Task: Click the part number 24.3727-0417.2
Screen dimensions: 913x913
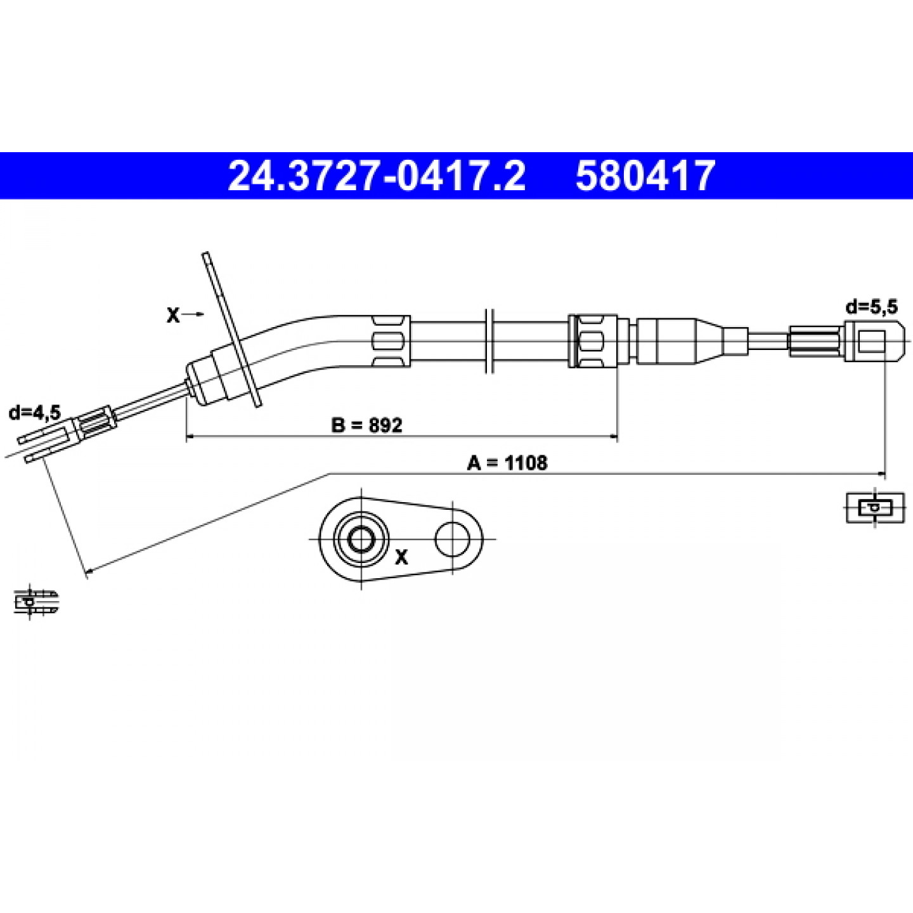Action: click(377, 176)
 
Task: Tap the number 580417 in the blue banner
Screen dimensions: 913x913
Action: click(644, 176)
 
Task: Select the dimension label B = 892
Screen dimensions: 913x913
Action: click(366, 425)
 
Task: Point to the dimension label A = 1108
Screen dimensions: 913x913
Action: click(507, 462)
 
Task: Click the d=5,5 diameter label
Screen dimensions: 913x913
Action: click(871, 308)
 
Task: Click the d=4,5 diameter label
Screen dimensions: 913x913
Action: click(35, 413)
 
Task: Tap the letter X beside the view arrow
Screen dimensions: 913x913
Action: click(173, 315)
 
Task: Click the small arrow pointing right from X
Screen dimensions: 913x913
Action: click(194, 314)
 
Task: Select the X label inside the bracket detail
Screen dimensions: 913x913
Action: click(401, 558)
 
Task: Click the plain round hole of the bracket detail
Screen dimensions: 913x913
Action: click(453, 539)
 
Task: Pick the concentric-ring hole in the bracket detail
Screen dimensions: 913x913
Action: click(361, 539)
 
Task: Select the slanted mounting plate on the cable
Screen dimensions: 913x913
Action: click(231, 330)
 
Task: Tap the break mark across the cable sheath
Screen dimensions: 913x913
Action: click(490, 341)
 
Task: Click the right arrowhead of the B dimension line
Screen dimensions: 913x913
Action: click(614, 437)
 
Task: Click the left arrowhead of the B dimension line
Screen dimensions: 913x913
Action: click(191, 437)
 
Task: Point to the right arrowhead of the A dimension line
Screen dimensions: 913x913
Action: click(881, 473)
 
